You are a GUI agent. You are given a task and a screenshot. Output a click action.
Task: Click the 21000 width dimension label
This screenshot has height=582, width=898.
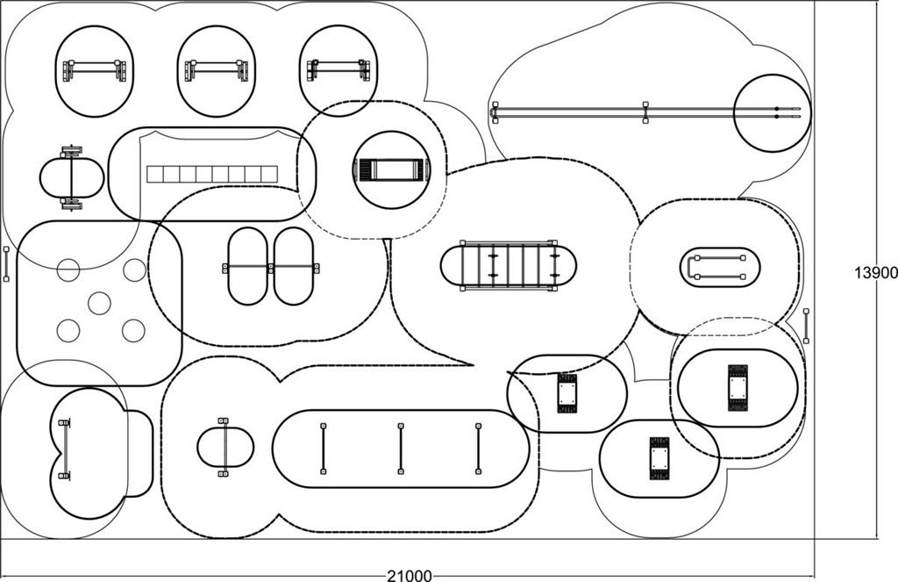(410, 575)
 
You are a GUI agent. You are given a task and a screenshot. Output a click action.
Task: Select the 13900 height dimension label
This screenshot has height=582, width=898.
(876, 273)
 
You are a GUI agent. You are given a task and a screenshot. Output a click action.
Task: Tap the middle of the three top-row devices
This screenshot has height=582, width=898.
(217, 70)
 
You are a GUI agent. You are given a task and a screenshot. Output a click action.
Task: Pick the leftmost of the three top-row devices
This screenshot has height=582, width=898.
(95, 70)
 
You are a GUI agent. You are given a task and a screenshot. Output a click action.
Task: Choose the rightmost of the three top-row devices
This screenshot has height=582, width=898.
(339, 70)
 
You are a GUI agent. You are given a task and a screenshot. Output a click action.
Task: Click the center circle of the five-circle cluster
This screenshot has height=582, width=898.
(99, 303)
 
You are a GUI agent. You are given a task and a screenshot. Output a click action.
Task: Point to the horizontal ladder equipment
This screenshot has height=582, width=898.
(509, 265)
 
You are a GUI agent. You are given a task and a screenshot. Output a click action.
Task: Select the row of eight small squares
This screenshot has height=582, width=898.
(212, 175)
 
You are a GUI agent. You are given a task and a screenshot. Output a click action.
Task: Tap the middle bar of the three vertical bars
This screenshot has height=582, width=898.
(400, 449)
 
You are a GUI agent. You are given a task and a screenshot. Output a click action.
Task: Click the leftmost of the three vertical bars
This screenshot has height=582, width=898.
(323, 449)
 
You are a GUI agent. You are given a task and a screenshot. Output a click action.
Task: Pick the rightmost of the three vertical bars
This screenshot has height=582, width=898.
(478, 449)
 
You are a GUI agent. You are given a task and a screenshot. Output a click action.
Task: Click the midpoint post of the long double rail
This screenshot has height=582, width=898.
(645, 112)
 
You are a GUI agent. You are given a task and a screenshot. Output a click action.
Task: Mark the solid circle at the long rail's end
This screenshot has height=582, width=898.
(773, 113)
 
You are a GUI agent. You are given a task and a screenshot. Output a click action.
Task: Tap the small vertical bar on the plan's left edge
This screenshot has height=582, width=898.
(6, 264)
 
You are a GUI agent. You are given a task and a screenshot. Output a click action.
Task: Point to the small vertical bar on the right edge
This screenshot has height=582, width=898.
(807, 327)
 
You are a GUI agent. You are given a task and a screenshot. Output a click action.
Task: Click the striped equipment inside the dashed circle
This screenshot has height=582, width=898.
(392, 170)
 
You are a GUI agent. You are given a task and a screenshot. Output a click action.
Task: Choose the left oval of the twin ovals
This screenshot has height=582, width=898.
(247, 266)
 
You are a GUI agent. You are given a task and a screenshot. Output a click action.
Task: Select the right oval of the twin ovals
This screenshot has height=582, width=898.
(293, 266)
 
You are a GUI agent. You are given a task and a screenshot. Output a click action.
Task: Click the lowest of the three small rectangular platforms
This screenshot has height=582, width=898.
(659, 458)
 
